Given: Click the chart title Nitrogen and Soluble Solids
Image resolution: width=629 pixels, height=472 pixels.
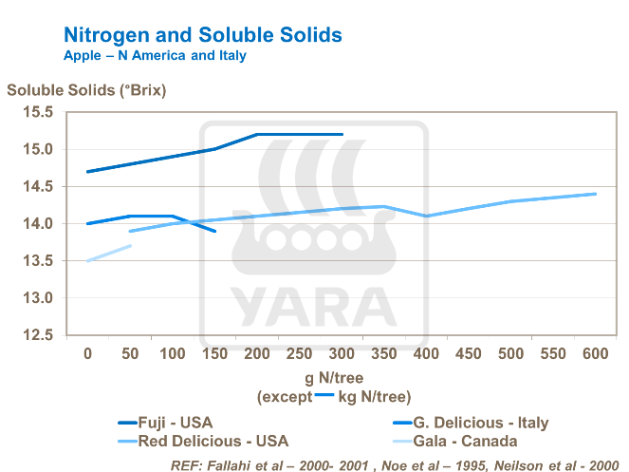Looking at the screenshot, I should tap(202, 35).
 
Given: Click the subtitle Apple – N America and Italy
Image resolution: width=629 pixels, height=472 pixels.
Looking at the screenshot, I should tap(155, 56).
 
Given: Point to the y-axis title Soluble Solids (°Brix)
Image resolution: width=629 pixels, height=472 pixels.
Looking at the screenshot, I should tap(86, 91).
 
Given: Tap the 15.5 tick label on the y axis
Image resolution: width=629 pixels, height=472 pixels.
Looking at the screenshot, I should tap(39, 112).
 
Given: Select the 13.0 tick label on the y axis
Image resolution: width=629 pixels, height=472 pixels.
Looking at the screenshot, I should tap(39, 298).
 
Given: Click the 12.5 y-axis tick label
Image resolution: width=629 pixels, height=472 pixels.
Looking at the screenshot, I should tap(39, 335).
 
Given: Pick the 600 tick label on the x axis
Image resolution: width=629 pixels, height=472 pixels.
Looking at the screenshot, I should tap(595, 354).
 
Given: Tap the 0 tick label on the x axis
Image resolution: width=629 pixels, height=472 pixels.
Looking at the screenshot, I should tap(88, 354).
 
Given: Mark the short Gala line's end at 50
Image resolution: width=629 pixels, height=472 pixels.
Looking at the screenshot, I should tap(130, 246).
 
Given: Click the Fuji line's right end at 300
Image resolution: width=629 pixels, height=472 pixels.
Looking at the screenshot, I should tap(342, 135).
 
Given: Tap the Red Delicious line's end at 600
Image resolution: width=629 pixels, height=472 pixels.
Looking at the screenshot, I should tap(595, 194).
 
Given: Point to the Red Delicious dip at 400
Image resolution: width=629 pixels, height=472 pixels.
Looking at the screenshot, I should tap(426, 217).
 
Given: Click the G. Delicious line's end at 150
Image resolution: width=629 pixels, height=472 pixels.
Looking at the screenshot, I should tap(215, 231).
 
